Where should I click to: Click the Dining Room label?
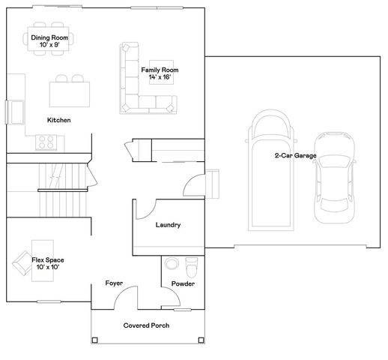(x=49, y=37)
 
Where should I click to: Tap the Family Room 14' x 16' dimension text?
(x=160, y=77)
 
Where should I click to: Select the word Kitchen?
(x=59, y=120)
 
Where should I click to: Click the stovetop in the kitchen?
(x=46, y=142)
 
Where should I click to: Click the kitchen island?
(x=70, y=94)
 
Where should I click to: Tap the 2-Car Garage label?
(x=296, y=155)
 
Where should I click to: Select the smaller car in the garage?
(x=334, y=178)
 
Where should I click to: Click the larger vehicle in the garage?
(x=271, y=170)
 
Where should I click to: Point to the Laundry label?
(x=168, y=225)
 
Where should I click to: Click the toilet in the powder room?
(x=192, y=268)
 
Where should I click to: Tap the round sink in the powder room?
(x=172, y=263)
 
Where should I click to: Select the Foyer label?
(x=114, y=283)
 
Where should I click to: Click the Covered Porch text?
(x=146, y=325)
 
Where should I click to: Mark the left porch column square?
(x=94, y=340)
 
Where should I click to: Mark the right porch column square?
(x=201, y=340)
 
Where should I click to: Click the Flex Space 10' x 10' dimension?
(x=48, y=267)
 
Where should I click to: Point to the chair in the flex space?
(x=22, y=263)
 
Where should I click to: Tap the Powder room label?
(x=183, y=283)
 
